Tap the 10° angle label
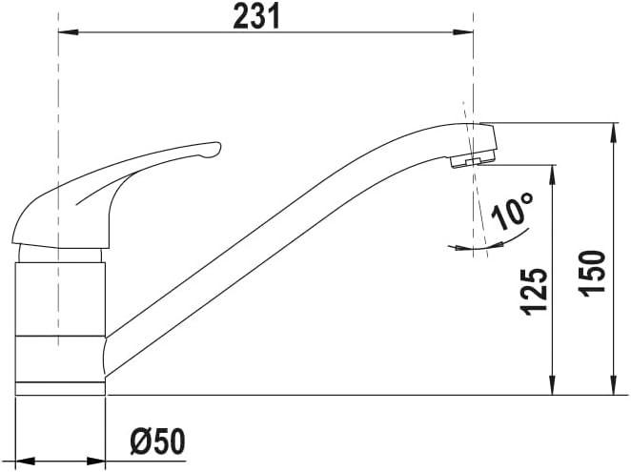click(512, 211)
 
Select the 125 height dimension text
click(536, 292)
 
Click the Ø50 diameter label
click(158, 441)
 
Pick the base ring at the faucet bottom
click(60, 387)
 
